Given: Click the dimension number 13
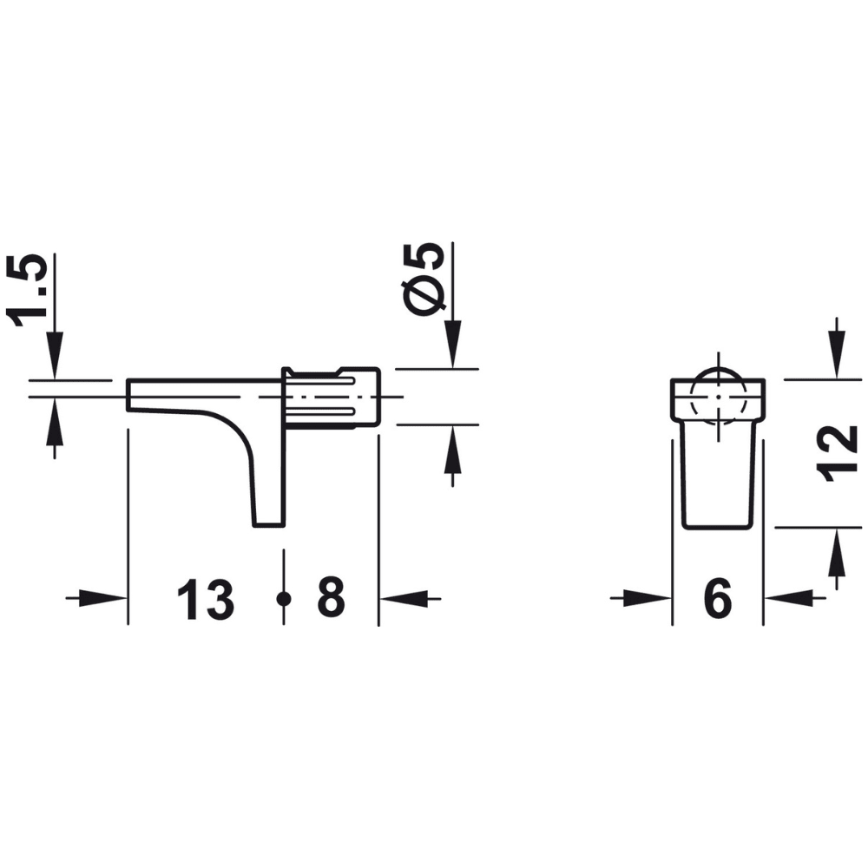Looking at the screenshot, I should click(x=206, y=600).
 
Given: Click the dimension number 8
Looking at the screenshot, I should click(x=331, y=598).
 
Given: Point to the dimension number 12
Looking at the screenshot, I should click(x=837, y=453).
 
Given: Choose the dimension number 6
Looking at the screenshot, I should click(x=717, y=599).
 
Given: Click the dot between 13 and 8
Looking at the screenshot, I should click(x=283, y=598).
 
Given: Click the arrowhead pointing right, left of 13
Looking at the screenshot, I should click(x=108, y=598).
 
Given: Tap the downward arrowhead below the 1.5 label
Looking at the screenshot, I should click(x=55, y=358).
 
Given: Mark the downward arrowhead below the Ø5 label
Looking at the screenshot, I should click(x=452, y=347).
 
